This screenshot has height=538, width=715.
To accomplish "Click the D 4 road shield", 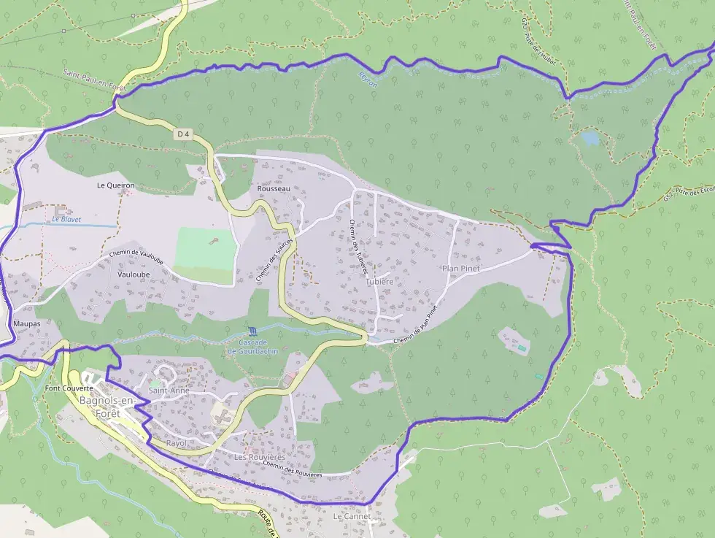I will click(183, 134).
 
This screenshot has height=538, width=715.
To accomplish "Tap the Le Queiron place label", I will click(116, 186).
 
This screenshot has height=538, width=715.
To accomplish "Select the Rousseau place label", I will click(274, 189).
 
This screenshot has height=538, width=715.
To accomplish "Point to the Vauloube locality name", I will click(133, 274).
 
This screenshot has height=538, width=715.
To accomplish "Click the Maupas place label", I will click(26, 323).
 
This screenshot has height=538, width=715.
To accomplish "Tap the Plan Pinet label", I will click(461, 269).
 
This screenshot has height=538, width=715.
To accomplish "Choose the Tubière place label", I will click(380, 281).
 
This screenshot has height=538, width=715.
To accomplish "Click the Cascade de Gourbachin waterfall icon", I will click(252, 331).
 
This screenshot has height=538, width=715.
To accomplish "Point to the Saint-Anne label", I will click(169, 391).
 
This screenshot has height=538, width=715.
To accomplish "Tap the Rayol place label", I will click(177, 443).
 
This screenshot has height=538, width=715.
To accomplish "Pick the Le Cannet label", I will click(352, 516).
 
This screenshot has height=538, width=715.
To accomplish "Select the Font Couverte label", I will click(69, 388).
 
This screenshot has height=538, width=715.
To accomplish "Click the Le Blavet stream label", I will click(66, 219).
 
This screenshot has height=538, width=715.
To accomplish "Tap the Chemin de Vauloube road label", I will click(136, 256).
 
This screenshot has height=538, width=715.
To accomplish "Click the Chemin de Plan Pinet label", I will click(414, 326).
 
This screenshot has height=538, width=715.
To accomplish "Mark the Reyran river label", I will click(368, 79).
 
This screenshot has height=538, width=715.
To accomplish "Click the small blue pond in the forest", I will click(590, 137).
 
